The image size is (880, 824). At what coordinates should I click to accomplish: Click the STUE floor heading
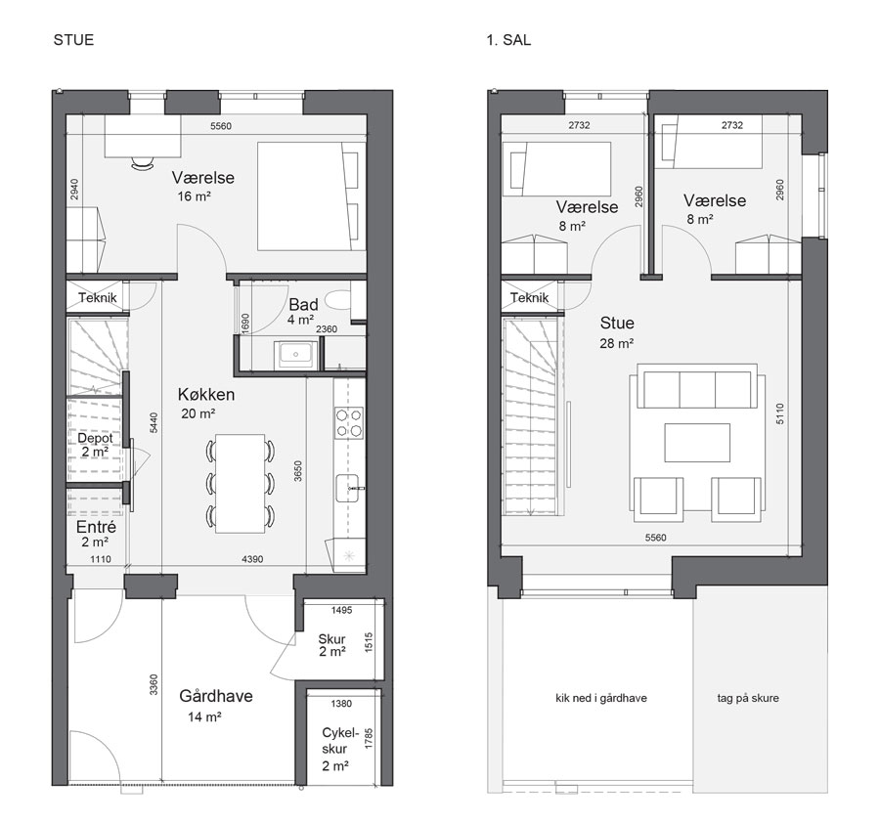click(73, 40)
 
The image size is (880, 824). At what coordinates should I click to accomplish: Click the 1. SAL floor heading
click(508, 40)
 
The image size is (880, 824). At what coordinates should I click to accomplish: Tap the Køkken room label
click(206, 394)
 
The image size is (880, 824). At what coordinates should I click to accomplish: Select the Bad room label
click(304, 305)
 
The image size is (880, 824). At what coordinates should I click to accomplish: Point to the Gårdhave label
click(216, 696)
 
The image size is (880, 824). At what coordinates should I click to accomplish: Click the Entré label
click(96, 527)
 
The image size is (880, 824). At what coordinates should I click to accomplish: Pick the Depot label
click(95, 438)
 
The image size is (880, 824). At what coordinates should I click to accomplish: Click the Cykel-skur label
click(339, 740)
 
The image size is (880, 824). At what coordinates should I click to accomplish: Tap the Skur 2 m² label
click(331, 645)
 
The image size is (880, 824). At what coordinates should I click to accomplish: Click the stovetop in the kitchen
click(348, 423)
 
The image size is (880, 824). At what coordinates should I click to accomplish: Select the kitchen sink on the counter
click(347, 488)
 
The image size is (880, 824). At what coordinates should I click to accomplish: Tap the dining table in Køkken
click(241, 484)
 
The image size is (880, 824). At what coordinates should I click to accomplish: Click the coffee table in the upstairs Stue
click(697, 442)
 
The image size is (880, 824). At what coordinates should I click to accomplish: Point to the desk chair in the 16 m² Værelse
click(143, 162)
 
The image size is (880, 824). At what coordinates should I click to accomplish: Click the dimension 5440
click(154, 422)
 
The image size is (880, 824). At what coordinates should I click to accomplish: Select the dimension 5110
click(780, 413)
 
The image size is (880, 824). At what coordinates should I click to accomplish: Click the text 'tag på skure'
click(748, 698)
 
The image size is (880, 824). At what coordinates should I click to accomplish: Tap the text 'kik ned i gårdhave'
click(601, 698)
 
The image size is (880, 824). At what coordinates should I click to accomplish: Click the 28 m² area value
click(616, 343)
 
